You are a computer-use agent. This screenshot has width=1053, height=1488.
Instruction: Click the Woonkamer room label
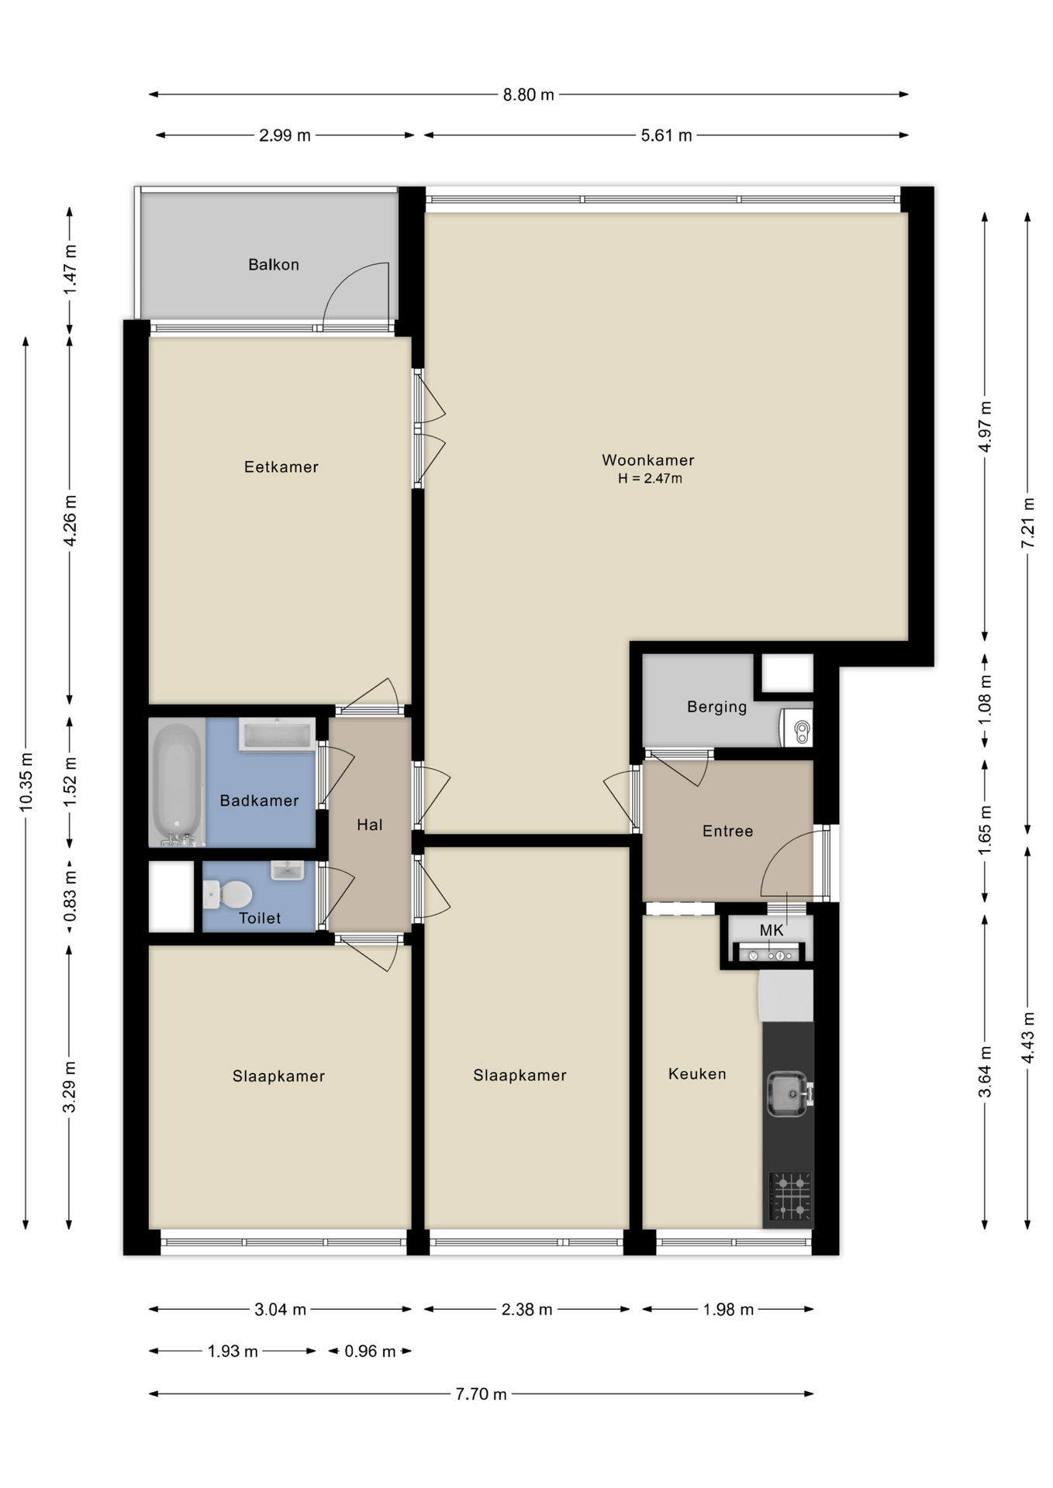[x=647, y=460]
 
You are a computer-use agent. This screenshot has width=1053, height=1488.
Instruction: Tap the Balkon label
[x=274, y=264]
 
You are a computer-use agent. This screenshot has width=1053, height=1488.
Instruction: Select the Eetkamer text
[x=281, y=467]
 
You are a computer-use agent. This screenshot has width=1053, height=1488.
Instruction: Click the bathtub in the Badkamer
[x=177, y=783]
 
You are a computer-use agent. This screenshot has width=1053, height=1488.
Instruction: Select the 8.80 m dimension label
[x=529, y=95]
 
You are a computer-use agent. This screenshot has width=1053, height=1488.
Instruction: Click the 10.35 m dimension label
[x=26, y=782]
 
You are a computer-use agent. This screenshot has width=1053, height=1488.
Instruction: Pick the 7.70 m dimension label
[x=481, y=1394]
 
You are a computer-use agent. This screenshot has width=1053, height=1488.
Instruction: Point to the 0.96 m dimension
[x=370, y=1352]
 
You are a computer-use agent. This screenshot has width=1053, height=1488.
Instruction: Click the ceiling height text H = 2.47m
[x=650, y=479]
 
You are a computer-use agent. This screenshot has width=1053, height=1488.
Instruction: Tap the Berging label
[x=717, y=707]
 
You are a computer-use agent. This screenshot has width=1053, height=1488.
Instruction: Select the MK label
[x=772, y=930]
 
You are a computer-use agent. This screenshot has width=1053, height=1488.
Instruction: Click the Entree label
[x=727, y=831]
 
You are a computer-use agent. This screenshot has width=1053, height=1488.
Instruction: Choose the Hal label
[x=370, y=825]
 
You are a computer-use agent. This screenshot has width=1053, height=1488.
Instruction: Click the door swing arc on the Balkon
[x=341, y=279]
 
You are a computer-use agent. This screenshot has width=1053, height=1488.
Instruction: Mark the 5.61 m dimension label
[x=666, y=136]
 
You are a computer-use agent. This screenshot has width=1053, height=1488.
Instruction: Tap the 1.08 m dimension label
[x=985, y=701]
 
